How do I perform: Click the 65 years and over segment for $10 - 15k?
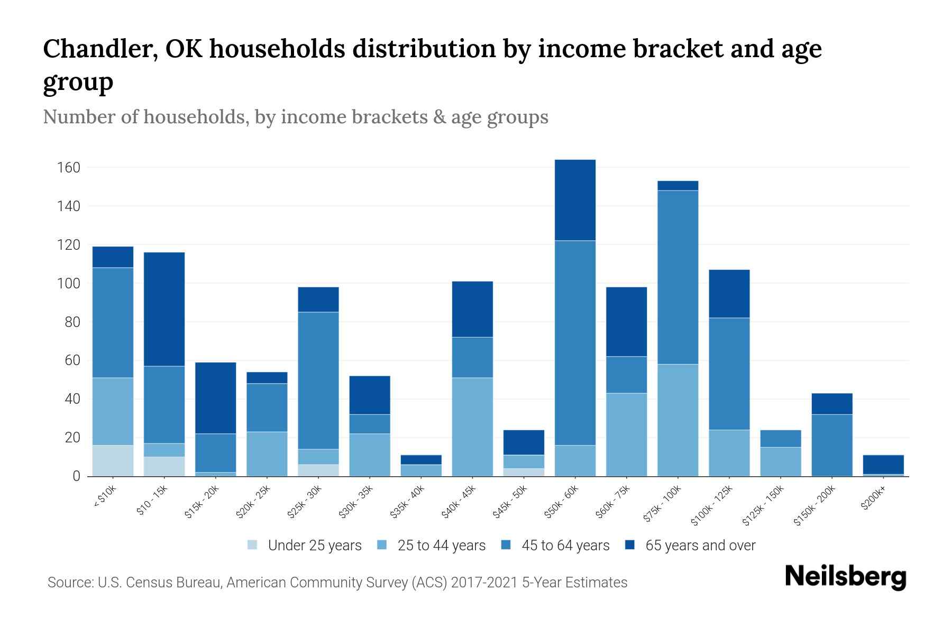[164, 309]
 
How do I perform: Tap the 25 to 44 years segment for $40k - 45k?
[472, 427]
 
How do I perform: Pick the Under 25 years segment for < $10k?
[113, 460]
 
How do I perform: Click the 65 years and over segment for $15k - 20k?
[215, 398]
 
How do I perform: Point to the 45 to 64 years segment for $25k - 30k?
[318, 380]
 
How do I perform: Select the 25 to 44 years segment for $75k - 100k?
[678, 420]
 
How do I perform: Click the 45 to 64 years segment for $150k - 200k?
[832, 445]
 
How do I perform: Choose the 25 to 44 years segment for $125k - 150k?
[781, 461]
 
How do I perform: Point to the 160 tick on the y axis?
[69, 168]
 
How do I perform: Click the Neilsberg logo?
[845, 577]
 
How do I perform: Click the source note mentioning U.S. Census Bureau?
[337, 583]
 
